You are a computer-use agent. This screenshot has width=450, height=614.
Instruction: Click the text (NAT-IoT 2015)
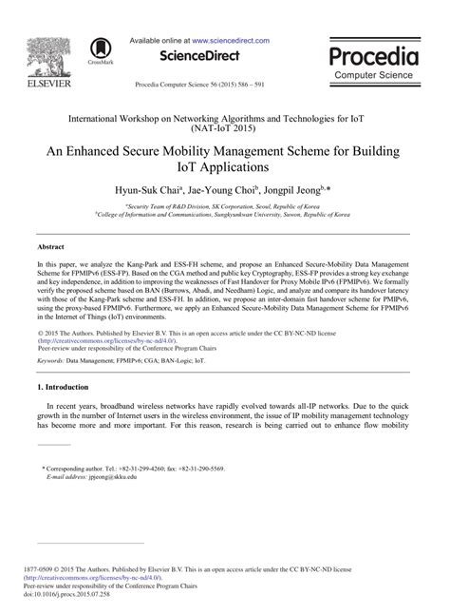coord(225,126)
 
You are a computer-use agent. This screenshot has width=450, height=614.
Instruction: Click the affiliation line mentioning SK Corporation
coord(224,207)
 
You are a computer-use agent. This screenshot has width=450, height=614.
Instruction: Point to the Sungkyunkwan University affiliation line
coord(224,216)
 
